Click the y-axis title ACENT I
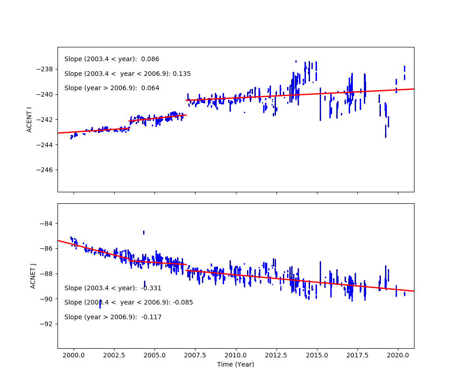pyautogui.click(x=29, y=119)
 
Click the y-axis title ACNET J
pyautogui.click(x=33, y=276)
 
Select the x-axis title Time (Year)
pyautogui.click(x=236, y=364)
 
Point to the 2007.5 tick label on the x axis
pyautogui.click(x=195, y=355)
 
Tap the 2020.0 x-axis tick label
pyautogui.click(x=398, y=355)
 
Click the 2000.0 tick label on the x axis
pyautogui.click(x=73, y=355)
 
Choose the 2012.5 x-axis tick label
pyautogui.click(x=276, y=355)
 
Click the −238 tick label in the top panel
pyautogui.click(x=46, y=69)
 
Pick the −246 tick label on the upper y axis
pyautogui.click(x=46, y=170)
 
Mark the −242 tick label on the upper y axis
pyautogui.click(x=46, y=120)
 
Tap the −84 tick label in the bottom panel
pyautogui.click(x=47, y=224)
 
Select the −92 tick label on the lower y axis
pyautogui.click(x=47, y=324)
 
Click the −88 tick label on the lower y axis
pyautogui.click(x=47, y=274)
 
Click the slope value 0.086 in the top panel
pyautogui.click(x=150, y=59)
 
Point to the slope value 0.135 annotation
pyautogui.click(x=181, y=74)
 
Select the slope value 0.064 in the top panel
pyautogui.click(x=150, y=88)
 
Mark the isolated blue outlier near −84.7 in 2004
pyautogui.click(x=144, y=233)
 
